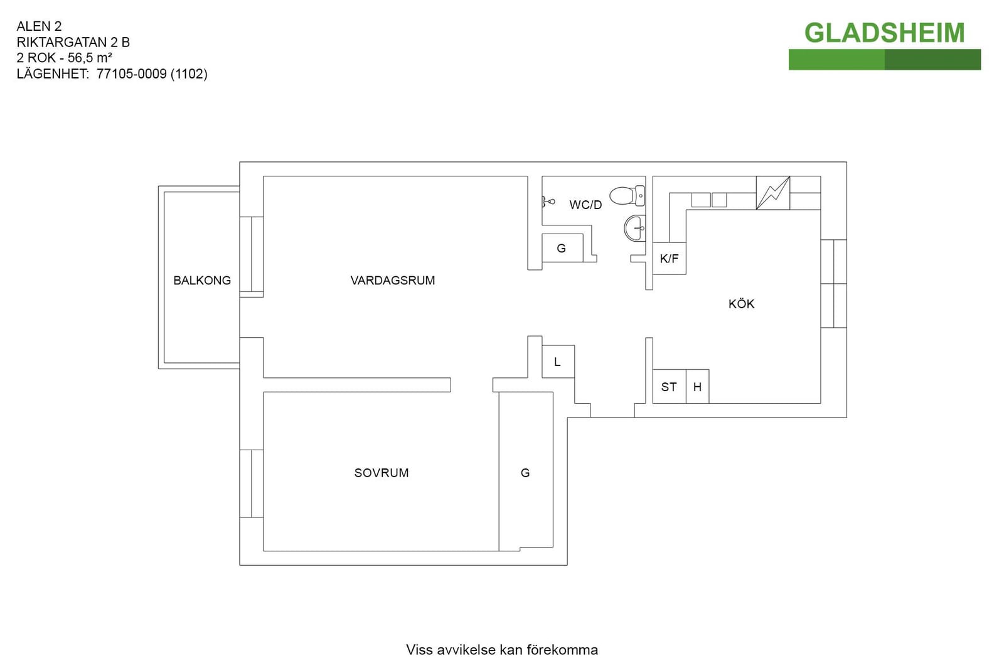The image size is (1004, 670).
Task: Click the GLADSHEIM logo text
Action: [884, 33]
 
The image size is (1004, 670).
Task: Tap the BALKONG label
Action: [202, 280]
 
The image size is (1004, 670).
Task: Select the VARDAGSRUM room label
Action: [393, 280]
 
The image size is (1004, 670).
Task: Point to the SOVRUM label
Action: [382, 473]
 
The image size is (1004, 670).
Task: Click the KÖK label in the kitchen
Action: [741, 304]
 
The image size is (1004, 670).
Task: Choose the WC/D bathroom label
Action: [585, 205]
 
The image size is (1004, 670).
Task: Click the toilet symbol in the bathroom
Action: [627, 196]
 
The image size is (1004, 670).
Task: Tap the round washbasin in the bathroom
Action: [634, 229]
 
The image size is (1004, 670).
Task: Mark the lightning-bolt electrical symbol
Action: [773, 193]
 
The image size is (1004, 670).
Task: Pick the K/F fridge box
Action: [669, 258]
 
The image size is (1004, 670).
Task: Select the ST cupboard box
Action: [669, 387]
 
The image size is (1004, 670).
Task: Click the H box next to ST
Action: [697, 387]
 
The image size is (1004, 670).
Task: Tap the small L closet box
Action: [558, 362]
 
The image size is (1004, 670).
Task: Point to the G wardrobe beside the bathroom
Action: [562, 248]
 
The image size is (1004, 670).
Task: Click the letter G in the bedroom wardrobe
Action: [525, 473]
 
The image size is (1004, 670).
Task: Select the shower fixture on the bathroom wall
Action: [548, 202]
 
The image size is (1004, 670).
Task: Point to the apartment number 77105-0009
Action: [132, 74]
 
